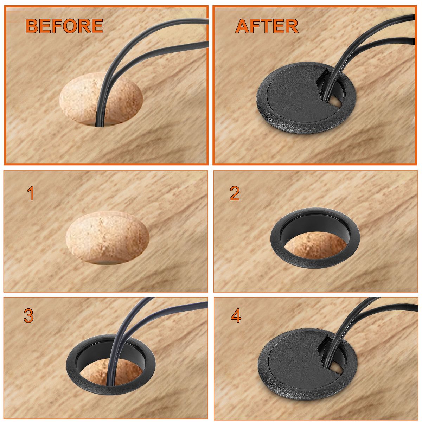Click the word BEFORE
point(64,26)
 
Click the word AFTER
point(267,26)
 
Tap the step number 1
point(31,194)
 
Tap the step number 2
point(235,194)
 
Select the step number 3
point(29,316)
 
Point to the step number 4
point(236,316)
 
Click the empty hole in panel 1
point(107,238)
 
